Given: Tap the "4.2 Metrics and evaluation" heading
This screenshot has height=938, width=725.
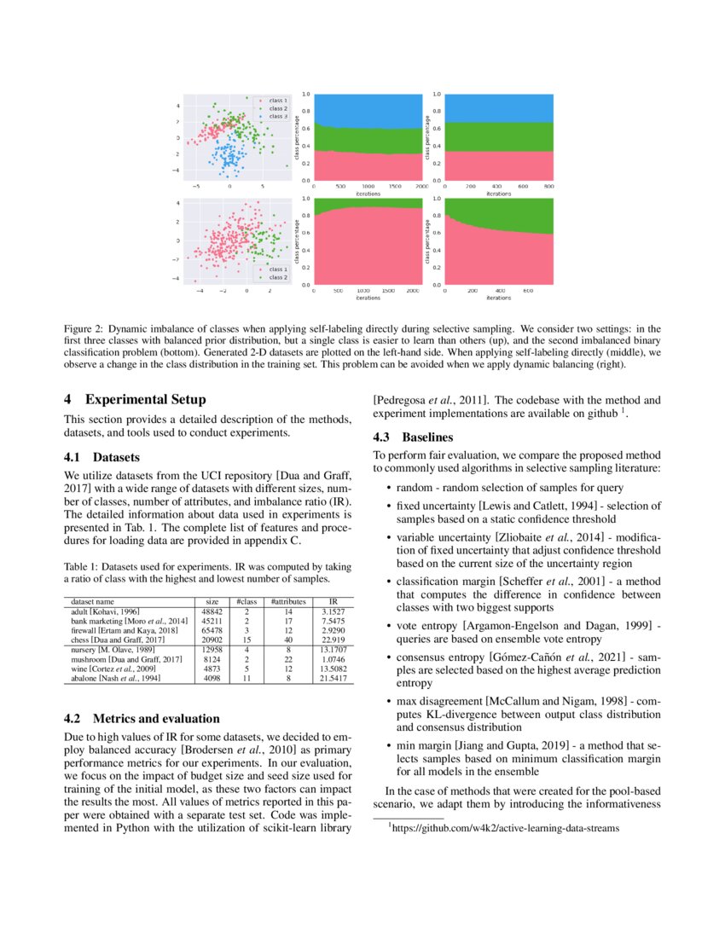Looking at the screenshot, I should [x=142, y=718].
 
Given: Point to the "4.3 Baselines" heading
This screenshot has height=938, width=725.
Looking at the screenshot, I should [x=414, y=437].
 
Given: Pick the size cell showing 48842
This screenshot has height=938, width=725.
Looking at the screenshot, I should [x=212, y=612].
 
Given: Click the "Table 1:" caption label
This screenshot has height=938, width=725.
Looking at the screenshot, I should [x=83, y=565].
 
